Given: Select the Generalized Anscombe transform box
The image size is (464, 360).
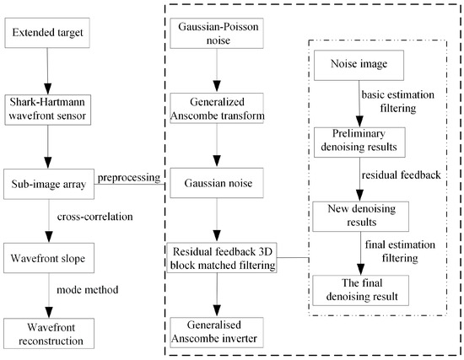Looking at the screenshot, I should click(x=218, y=109).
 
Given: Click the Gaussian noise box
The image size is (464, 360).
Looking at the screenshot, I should click(x=218, y=181).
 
